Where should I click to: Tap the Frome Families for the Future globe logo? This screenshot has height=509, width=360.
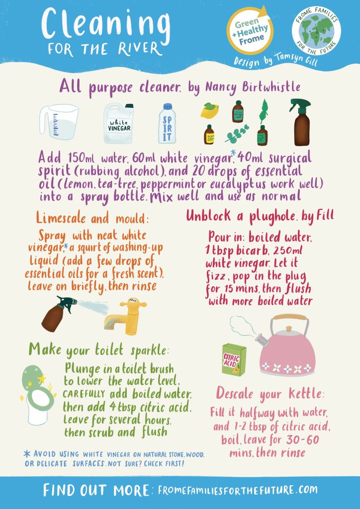coord(317,33)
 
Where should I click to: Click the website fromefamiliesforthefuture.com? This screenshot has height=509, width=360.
coord(237,490)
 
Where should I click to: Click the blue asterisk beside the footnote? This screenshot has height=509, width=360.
coord(26,453)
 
